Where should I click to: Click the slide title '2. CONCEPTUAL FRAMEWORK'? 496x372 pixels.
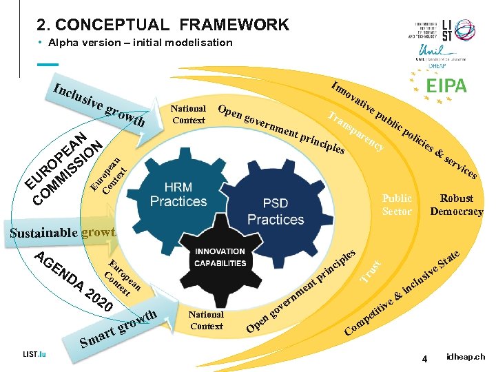(163, 25)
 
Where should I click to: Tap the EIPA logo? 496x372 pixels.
(446, 86)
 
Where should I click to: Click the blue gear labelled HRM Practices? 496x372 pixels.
(178, 194)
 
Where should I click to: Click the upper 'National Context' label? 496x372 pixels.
(188, 114)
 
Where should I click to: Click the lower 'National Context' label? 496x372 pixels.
(206, 320)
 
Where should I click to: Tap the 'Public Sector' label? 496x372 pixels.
(397, 205)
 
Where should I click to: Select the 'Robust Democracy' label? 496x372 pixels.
(456, 205)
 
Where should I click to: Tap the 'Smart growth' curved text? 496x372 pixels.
(117, 329)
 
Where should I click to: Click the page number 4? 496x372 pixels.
(426, 359)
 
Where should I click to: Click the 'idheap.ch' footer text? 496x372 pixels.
(466, 357)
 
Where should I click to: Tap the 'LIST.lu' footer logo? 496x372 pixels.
(34, 354)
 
